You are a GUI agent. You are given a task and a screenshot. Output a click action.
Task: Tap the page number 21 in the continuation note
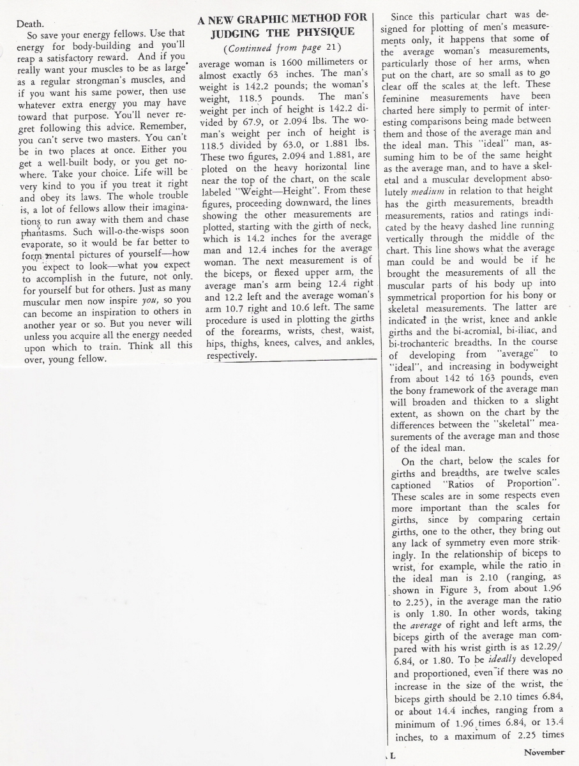[331, 49]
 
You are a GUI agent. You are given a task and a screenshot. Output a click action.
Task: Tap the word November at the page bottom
[544, 752]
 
